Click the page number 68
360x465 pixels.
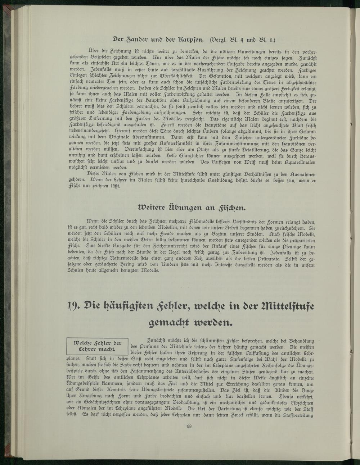click(x=189, y=427)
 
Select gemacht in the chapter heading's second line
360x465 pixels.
click(x=166, y=323)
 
